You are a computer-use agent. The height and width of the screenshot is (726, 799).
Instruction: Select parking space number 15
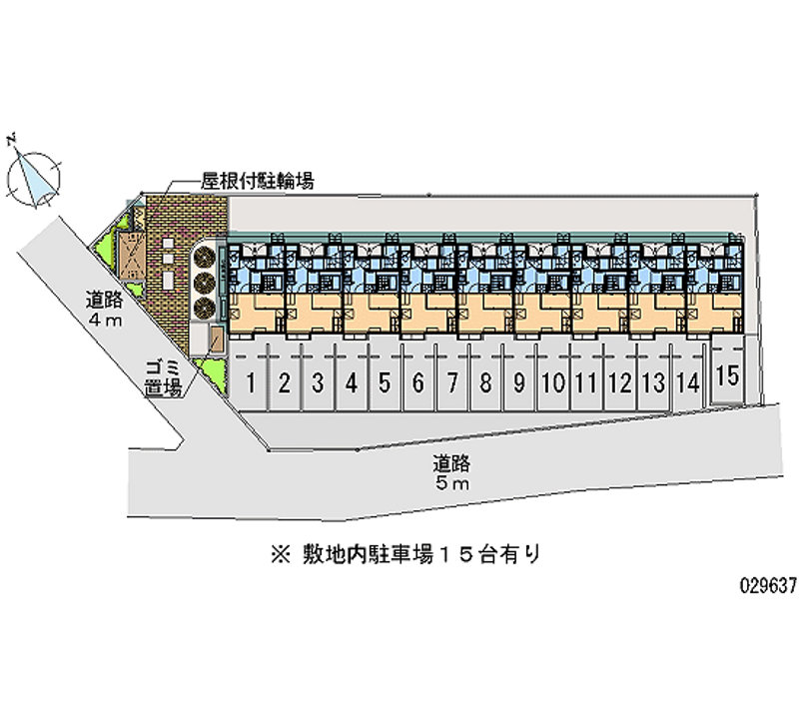tap(727, 375)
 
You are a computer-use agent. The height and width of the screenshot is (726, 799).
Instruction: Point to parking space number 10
tap(552, 380)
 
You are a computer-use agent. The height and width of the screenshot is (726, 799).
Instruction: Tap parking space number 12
tap(620, 380)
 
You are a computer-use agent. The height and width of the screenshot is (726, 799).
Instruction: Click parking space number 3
tap(318, 380)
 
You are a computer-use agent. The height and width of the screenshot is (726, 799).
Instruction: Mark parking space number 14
tap(686, 380)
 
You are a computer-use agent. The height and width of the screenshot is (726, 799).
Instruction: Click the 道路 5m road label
tap(451, 472)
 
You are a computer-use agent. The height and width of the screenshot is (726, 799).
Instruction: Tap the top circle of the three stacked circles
tap(204, 255)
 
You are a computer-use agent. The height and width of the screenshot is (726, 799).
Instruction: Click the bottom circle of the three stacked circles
tap(204, 306)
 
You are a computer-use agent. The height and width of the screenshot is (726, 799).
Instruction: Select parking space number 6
tap(418, 380)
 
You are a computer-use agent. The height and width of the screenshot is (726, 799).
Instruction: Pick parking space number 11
tap(586, 380)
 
